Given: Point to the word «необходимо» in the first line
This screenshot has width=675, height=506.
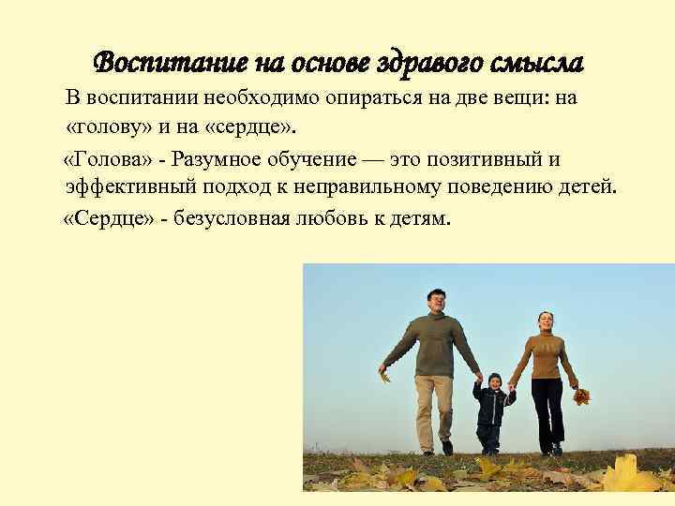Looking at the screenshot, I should pos(247,101).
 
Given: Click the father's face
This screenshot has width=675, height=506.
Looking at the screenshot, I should pos(436,303).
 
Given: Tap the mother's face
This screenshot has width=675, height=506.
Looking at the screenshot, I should pos(543,323).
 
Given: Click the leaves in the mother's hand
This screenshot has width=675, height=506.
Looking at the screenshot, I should pos(581,396).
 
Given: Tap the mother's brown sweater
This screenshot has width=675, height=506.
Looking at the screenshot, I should pos(544,356).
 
